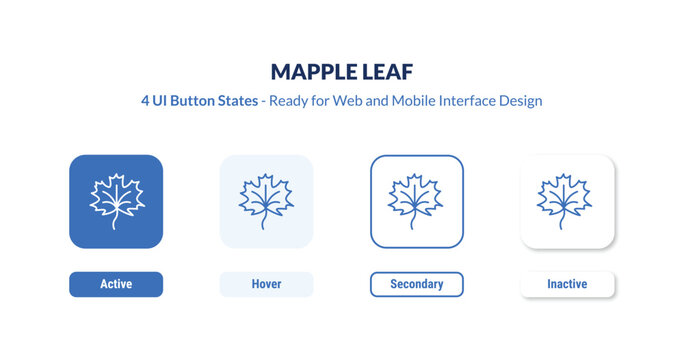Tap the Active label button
116,284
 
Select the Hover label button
266,284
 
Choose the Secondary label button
416,284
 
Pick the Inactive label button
567,284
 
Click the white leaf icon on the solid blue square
116,198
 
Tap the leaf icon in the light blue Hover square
266,198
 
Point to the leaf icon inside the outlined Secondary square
416,198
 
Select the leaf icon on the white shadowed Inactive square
567,198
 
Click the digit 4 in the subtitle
146,101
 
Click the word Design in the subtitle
521,101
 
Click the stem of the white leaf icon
114,220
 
